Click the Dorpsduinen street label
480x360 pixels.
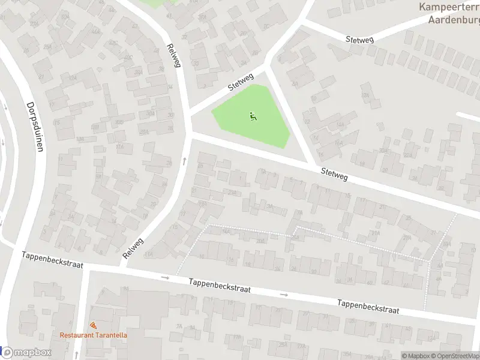pyautogui.click(x=35, y=126)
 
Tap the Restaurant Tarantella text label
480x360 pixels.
pyautogui.click(x=93, y=335)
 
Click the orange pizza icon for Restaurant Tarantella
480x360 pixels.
pyautogui.click(x=93, y=325)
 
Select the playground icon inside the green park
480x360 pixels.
pyautogui.click(x=253, y=116)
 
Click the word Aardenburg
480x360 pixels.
pyautogui.click(x=453, y=19)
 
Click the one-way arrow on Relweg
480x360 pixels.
pyautogui.click(x=184, y=161)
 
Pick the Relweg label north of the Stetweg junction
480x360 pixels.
pyautogui.click(x=173, y=55)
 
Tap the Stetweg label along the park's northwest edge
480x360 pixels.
pyautogui.click(x=241, y=82)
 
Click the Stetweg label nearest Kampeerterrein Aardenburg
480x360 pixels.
pyautogui.click(x=360, y=39)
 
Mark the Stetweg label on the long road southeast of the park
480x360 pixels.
pyautogui.click(x=334, y=174)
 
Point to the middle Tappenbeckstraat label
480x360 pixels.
pyautogui.click(x=219, y=286)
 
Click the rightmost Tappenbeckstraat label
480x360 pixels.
pyautogui.click(x=368, y=307)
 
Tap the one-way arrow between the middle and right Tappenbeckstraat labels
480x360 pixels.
pyautogui.click(x=284, y=295)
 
